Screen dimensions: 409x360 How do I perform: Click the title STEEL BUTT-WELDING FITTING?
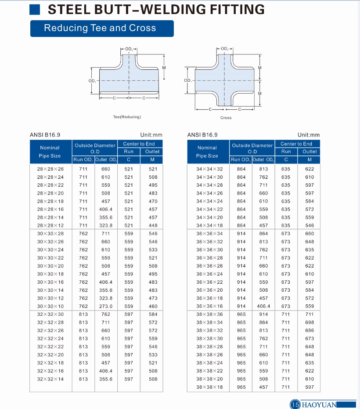click(x=156, y=9)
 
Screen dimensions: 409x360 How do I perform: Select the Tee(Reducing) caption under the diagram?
click(x=127, y=117)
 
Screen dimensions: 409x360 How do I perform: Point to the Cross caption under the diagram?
click(x=226, y=118)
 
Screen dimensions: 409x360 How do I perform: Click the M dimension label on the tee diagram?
click(x=164, y=68)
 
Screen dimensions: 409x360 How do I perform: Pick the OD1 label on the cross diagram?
click(x=187, y=80)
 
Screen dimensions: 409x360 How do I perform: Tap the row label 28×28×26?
click(x=50, y=169)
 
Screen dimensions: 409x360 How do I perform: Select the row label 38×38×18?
click(x=209, y=387)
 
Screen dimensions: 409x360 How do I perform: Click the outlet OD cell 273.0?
click(x=106, y=306)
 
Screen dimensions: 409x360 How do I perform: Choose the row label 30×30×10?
click(x=50, y=306)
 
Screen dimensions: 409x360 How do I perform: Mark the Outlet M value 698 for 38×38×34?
click(x=310, y=322)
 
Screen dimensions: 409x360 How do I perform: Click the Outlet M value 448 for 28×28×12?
click(x=153, y=225)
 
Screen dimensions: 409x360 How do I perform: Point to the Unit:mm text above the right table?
click(x=309, y=135)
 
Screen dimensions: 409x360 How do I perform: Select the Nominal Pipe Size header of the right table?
click(x=207, y=152)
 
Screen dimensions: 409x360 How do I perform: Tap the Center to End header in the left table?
click(x=139, y=144)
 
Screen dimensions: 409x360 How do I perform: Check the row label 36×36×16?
click(x=209, y=306)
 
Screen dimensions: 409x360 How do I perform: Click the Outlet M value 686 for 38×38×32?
click(x=310, y=330)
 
